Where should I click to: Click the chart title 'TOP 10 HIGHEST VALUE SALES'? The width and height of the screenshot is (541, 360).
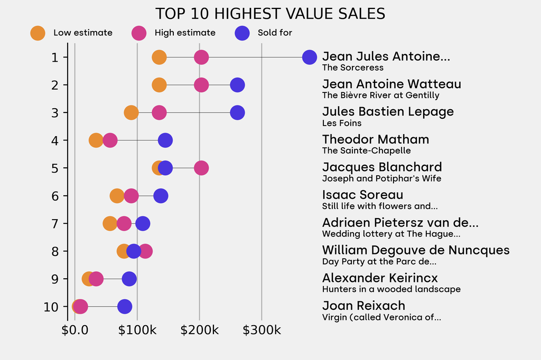click(x=270, y=13)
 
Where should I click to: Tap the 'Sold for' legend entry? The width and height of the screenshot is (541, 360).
click(x=275, y=33)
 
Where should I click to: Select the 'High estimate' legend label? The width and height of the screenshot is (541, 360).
click(x=185, y=33)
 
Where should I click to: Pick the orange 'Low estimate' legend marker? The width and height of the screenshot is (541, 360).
click(x=38, y=33)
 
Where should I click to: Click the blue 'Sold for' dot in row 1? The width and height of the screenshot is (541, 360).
click(x=310, y=57)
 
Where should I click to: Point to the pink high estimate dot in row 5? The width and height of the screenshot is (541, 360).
click(x=201, y=168)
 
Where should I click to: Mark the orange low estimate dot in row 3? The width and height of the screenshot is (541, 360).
click(x=131, y=112)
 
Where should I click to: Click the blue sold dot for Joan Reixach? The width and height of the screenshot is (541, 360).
click(x=125, y=306)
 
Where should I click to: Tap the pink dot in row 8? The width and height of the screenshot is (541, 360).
click(x=145, y=251)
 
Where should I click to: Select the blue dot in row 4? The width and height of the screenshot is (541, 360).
click(x=165, y=140)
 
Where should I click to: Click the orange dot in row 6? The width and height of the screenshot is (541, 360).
click(x=117, y=196)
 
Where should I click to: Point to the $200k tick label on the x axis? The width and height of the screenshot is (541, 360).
click(x=199, y=330)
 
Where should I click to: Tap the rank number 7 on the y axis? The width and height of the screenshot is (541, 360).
click(x=55, y=223)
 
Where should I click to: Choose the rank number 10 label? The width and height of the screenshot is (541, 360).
click(x=51, y=306)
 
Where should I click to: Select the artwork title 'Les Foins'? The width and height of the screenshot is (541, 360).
click(x=342, y=123)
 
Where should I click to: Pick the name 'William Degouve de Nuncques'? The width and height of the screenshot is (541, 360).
click(x=416, y=250)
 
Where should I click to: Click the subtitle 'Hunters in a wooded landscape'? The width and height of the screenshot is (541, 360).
click(x=391, y=289)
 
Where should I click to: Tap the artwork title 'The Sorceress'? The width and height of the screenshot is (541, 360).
click(x=352, y=68)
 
